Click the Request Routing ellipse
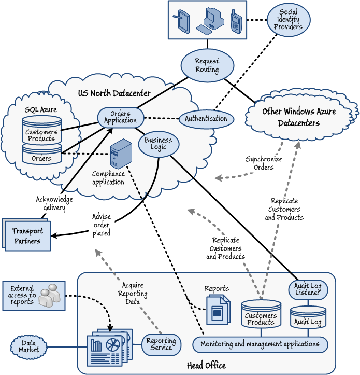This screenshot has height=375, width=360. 207,65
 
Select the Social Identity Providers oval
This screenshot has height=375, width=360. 288,20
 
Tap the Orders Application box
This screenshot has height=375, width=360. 120,117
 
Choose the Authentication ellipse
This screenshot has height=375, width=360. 206,119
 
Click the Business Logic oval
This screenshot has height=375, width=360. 159,144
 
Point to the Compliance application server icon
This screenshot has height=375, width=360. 118,154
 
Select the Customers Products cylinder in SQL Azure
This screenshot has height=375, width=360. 41,132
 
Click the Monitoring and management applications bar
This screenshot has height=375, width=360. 260,344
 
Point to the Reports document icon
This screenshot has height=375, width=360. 217,310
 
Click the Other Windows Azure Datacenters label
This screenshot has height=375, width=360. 299,118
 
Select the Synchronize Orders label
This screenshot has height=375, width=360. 264,163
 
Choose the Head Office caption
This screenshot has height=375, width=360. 206,366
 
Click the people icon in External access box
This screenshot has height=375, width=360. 50,295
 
